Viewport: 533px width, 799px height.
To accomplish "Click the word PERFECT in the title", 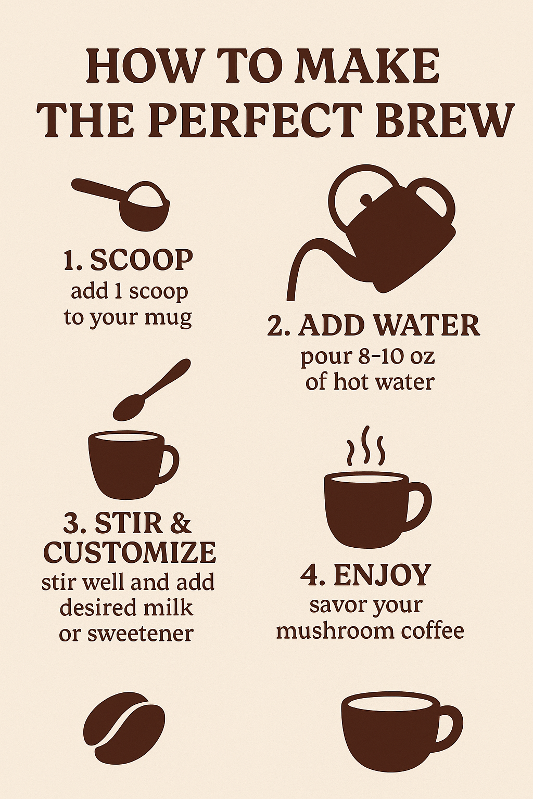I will click(x=255, y=120).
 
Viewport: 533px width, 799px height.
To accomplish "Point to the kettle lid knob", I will click(x=366, y=200).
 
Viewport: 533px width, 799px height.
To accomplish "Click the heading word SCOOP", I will click(x=141, y=260).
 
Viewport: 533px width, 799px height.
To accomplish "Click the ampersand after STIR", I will click(x=180, y=523).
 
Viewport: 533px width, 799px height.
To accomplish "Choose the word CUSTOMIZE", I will click(x=130, y=553).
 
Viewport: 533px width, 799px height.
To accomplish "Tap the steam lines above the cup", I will click(x=366, y=446).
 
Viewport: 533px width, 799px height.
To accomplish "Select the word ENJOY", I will click(x=382, y=575).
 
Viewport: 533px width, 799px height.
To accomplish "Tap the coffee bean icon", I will click(x=124, y=727).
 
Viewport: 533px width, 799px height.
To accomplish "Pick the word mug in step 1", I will click(x=170, y=317).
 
